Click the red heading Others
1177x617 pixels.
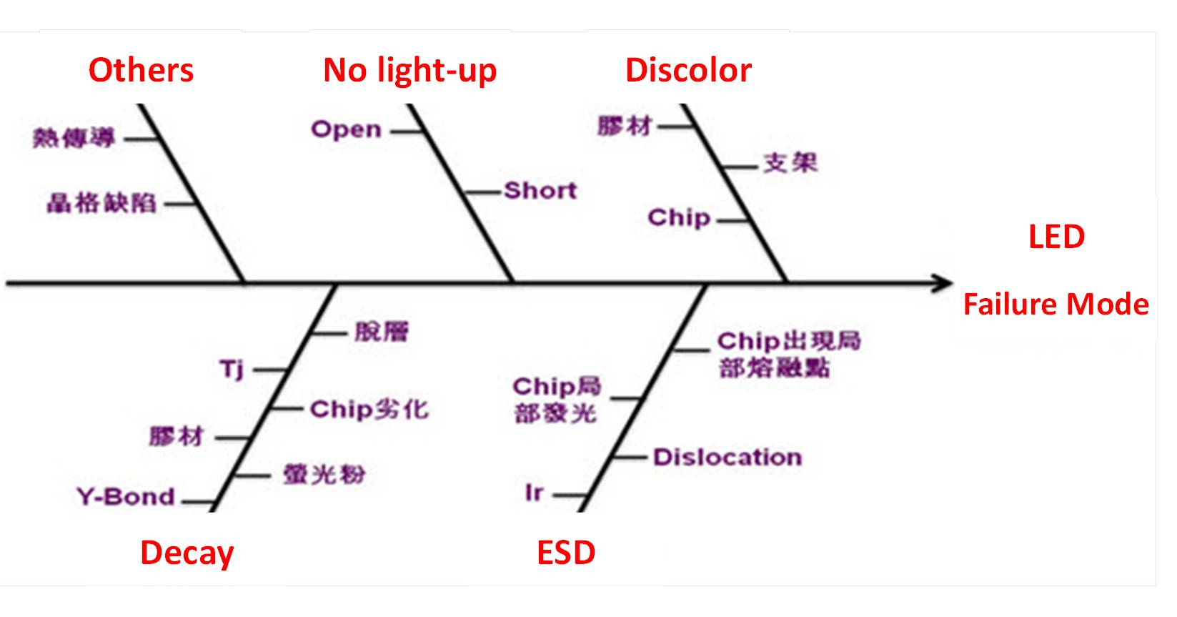[x=141, y=71]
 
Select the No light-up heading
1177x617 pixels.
[x=409, y=71]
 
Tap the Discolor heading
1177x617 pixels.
[x=688, y=71]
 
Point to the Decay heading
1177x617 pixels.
[x=187, y=553]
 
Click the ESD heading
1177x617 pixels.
[x=566, y=553]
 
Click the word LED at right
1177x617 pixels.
[x=1056, y=237]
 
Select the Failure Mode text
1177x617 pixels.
[x=1056, y=305]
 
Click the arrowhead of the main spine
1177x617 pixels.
[x=945, y=284]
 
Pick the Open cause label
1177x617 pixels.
[x=347, y=130]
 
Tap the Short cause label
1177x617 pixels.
[x=540, y=191]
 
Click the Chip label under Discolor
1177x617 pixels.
[x=679, y=217]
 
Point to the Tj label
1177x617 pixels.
[x=232, y=370]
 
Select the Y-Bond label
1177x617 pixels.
[x=126, y=497]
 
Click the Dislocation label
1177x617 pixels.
[x=727, y=458]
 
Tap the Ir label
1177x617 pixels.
[x=534, y=493]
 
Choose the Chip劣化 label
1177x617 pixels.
[x=369, y=410]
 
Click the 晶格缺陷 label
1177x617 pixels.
[x=101, y=204]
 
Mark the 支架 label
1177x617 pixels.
[x=790, y=164]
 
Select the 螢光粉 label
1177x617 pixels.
[x=324, y=475]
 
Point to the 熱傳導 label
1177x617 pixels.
[x=74, y=138]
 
